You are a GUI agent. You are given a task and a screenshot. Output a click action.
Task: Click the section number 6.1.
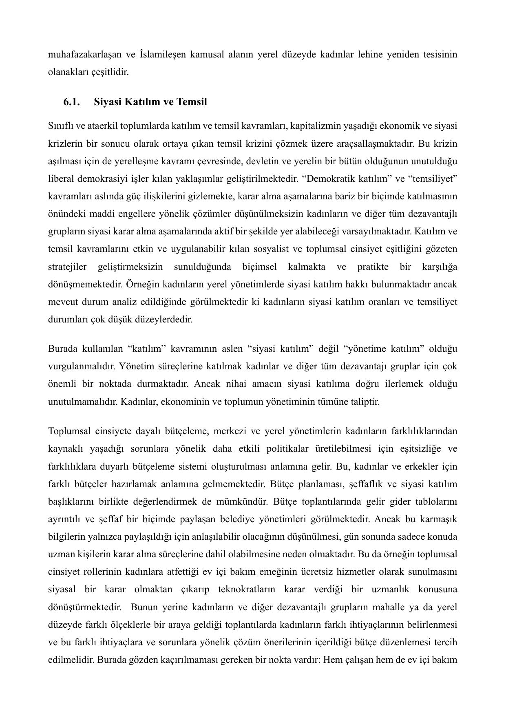pyautogui.click(x=71, y=102)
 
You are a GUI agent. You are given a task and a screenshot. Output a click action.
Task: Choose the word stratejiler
pyautogui.click(x=67, y=267)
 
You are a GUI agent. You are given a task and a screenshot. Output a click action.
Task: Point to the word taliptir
pyautogui.click(x=362, y=402)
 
